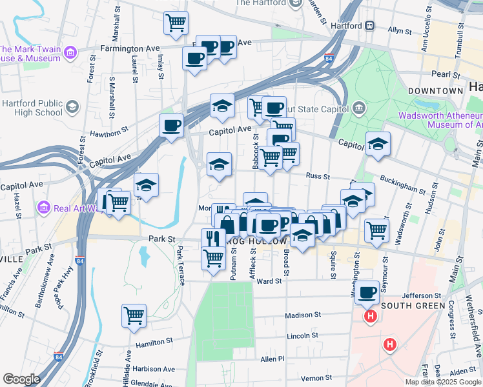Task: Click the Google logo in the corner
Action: pos(21,379)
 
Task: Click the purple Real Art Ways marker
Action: pos(44,208)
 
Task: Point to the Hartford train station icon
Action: pos(371,26)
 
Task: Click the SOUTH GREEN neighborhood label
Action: pos(413,305)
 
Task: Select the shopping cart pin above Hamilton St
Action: pos(134,316)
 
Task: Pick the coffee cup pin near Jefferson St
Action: pos(367,292)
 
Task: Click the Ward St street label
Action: pos(269,281)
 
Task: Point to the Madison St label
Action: pos(303,315)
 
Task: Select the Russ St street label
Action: pos(318,175)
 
